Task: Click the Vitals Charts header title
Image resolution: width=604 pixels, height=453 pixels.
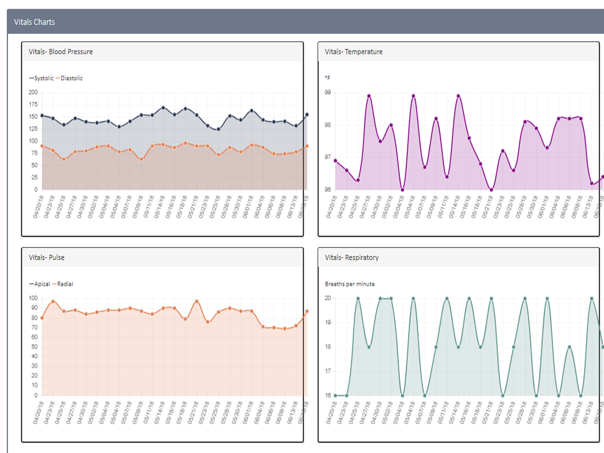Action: (x=34, y=22)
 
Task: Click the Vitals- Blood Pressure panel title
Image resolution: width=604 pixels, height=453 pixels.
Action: (x=60, y=52)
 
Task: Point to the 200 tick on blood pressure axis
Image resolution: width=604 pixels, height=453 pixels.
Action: (x=33, y=92)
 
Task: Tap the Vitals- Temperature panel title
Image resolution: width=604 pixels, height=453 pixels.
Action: (x=353, y=52)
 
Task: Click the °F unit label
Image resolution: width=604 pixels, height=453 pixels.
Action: (x=327, y=78)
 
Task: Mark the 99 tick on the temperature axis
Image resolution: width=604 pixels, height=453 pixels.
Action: (x=328, y=92)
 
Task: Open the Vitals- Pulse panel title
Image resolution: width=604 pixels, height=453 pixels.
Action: (x=46, y=257)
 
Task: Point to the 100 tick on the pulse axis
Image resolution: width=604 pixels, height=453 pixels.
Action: (x=33, y=298)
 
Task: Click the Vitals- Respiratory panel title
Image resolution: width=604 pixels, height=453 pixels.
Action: (x=351, y=257)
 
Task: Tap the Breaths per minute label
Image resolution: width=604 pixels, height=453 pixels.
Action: (x=350, y=284)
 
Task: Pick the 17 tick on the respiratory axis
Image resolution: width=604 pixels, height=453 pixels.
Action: (x=328, y=371)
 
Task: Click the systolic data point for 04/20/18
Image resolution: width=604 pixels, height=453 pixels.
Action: (x=42, y=116)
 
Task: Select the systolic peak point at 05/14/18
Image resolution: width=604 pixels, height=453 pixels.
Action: (x=163, y=108)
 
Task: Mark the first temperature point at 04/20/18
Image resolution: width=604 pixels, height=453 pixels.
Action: (x=336, y=161)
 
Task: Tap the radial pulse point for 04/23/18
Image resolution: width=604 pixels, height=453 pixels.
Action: (x=53, y=301)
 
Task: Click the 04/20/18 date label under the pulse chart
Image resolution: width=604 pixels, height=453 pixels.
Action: (x=39, y=413)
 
